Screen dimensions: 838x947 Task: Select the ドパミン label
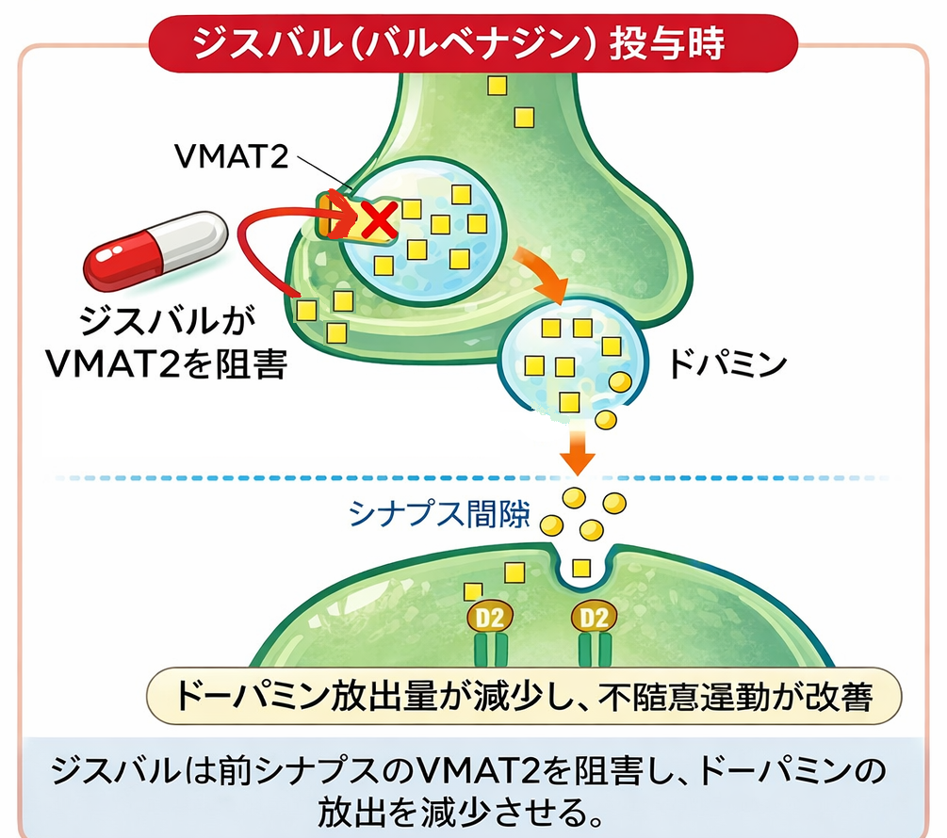pyautogui.click(x=726, y=364)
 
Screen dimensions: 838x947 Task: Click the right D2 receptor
pyautogui.click(x=594, y=618)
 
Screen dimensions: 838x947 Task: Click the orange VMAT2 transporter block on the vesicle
pyautogui.click(x=331, y=216)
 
